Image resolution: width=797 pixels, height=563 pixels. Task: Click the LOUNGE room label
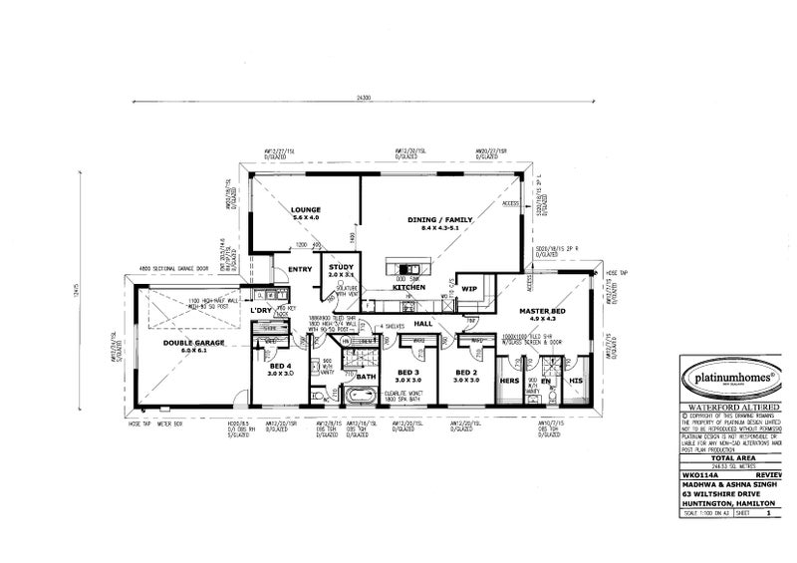pyautogui.click(x=305, y=210)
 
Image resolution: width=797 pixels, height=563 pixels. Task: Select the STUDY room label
pyautogui.click(x=340, y=266)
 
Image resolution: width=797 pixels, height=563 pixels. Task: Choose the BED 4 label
pyautogui.click(x=280, y=366)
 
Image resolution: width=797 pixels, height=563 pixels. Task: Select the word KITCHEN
pyautogui.click(x=408, y=287)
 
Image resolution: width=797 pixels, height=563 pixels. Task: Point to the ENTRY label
pyautogui.click(x=299, y=269)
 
